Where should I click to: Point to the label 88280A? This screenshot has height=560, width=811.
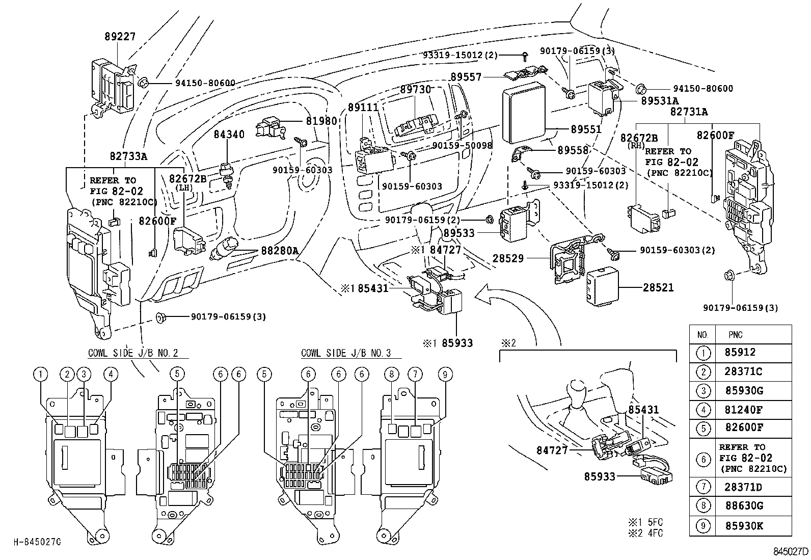pos(280,251)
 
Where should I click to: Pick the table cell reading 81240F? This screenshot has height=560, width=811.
pos(743,410)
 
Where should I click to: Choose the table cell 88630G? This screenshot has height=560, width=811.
pos(743,506)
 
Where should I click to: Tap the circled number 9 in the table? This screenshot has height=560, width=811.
pos(703,526)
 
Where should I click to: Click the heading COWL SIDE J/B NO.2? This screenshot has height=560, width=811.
pos(132,353)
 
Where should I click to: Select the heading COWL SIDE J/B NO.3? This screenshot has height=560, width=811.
pos(345,353)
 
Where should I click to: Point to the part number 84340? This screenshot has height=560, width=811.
pos(229,135)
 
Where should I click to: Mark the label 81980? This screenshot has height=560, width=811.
pos(321,121)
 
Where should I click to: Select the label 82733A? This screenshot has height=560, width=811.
pos(128,156)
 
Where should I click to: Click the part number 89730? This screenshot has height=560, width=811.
pos(415,89)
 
